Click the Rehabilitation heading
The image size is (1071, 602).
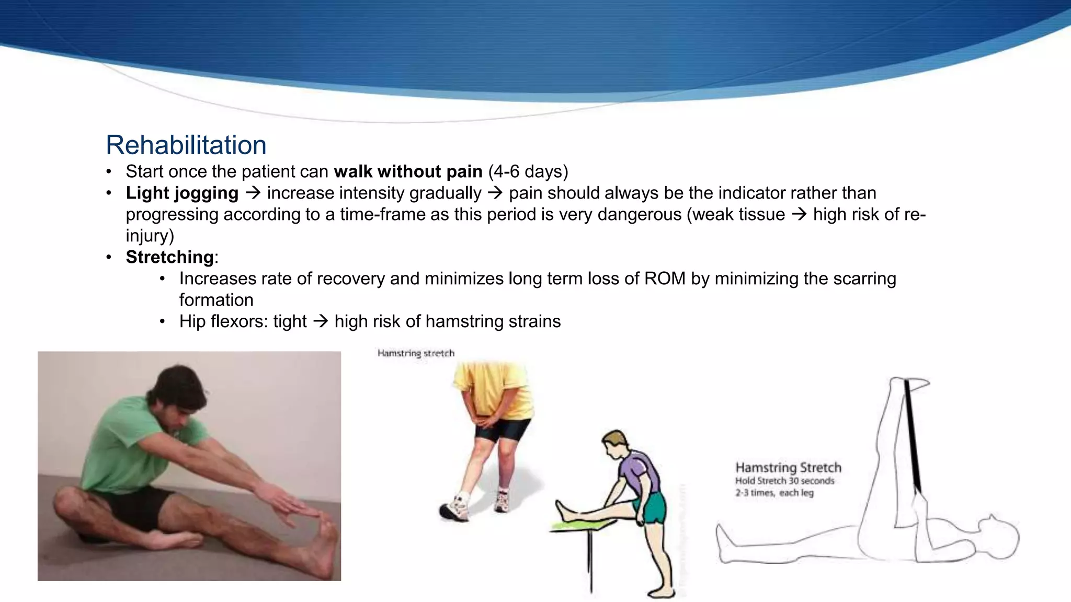click(x=186, y=145)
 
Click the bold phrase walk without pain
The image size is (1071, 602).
click(x=408, y=171)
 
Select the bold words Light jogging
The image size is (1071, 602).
click(x=182, y=193)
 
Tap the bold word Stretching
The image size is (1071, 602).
click(x=169, y=257)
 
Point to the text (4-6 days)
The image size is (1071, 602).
click(x=528, y=171)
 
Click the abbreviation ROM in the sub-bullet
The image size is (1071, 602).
click(x=664, y=279)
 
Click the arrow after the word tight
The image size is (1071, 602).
click(x=321, y=321)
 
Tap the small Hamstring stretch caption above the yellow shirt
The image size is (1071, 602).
click(x=416, y=353)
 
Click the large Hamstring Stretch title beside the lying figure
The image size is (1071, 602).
click(x=788, y=467)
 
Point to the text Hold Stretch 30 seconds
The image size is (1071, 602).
click(x=784, y=481)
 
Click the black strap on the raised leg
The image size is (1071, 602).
click(x=912, y=434)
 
